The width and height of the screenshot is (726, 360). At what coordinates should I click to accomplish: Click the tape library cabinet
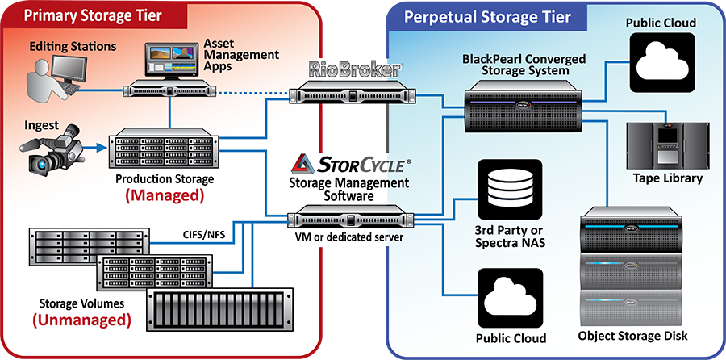tap(663, 142)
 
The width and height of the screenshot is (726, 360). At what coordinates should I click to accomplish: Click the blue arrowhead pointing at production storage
tap(102, 147)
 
